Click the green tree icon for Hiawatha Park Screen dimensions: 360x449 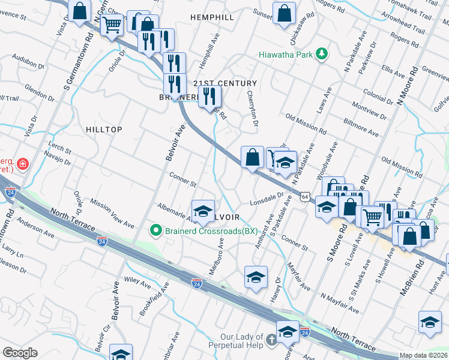(322, 54)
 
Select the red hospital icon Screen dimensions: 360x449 (23, 164)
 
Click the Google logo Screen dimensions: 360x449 (20, 353)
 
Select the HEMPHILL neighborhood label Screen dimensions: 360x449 (212, 18)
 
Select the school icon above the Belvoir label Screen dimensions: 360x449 (203, 209)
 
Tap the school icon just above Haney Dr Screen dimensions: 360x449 (256, 277)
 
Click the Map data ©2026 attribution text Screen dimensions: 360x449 (424, 355)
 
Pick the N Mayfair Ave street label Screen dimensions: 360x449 (339, 304)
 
